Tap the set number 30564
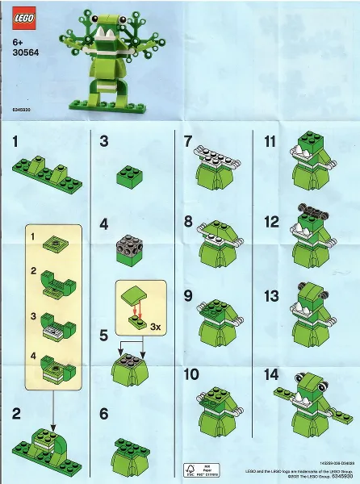pos(25,53)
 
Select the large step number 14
pos(271,375)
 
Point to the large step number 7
pos(188,143)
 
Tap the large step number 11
pos(270,143)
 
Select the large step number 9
pos(188,296)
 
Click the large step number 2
pos(17,415)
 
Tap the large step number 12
pos(271,221)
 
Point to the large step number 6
pos(103,415)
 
